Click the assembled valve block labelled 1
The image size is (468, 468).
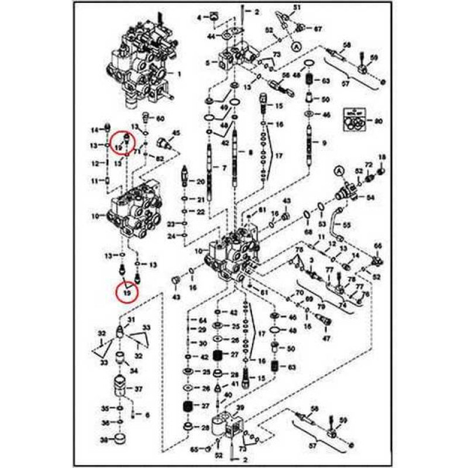pyautogui.click(x=140, y=64)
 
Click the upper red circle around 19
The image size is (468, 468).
pyautogui.click(x=122, y=142)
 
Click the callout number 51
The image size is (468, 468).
pyautogui.click(x=297, y=7)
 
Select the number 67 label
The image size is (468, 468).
pyautogui.click(x=318, y=29)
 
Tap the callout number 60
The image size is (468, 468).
pyautogui.click(x=161, y=118)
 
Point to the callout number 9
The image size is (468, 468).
pyautogui.click(x=324, y=143)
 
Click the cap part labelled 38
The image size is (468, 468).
pyautogui.click(x=121, y=438)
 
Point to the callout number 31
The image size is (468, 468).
pyautogui.click(x=131, y=319)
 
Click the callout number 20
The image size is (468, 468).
pyautogui.click(x=200, y=182)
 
